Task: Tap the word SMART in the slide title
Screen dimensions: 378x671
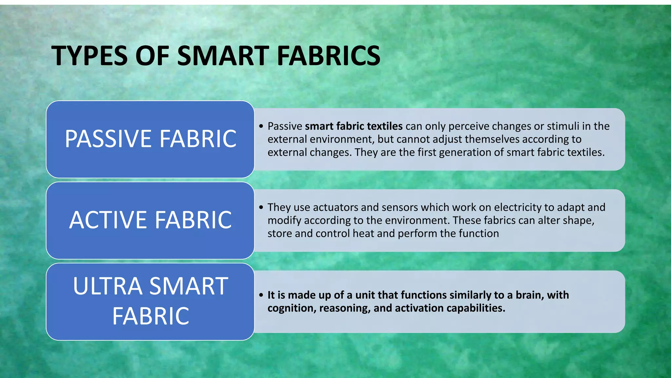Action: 223,55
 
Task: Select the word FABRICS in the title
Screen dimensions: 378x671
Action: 329,55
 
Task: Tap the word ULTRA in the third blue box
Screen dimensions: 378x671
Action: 107,286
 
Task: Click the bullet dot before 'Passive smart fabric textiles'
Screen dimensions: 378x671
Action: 261,126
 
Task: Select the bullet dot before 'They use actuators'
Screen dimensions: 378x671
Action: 261,207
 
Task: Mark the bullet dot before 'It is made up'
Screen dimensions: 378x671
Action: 261,295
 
